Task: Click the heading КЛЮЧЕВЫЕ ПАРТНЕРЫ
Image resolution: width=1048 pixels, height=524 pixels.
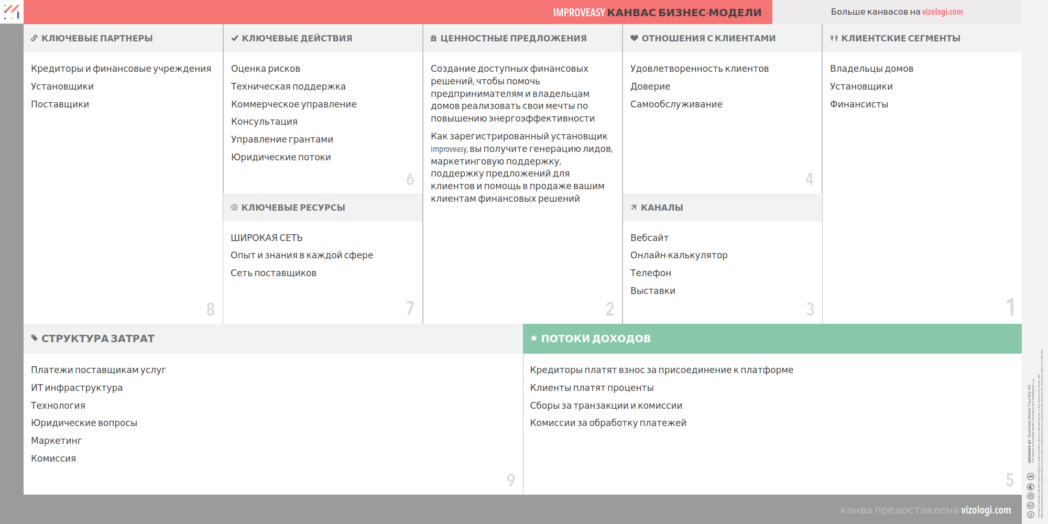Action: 97,38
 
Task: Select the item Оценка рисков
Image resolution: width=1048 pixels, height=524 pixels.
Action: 266,69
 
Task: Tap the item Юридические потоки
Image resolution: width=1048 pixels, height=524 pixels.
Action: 281,157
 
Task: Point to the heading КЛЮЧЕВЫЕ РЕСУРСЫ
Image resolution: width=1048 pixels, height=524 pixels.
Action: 293,208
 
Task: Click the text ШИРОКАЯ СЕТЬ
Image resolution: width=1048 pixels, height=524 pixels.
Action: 267,238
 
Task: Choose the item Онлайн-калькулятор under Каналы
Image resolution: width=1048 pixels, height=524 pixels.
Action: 679,255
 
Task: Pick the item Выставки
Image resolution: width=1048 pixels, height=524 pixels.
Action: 652,291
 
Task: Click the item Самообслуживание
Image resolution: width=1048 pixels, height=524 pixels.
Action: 676,104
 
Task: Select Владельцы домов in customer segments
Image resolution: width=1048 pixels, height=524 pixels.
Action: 871,69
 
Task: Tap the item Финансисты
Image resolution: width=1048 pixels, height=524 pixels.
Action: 859,104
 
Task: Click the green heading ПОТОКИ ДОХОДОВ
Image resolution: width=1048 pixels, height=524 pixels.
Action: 596,339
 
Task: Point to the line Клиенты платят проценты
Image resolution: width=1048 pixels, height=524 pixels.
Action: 592,388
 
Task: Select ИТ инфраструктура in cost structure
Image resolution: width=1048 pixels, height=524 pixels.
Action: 77,388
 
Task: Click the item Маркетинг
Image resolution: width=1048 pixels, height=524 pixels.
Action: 56,441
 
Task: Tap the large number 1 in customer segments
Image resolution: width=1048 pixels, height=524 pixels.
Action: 1010,307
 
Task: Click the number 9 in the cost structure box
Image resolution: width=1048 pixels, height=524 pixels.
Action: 511,479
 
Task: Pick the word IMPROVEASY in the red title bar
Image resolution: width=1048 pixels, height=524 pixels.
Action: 578,13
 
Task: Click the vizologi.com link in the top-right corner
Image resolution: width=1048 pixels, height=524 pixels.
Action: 942,12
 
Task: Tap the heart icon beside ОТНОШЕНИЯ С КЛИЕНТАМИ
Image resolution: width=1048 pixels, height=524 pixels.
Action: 634,38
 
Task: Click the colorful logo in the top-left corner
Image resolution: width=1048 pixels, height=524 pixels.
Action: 12,12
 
